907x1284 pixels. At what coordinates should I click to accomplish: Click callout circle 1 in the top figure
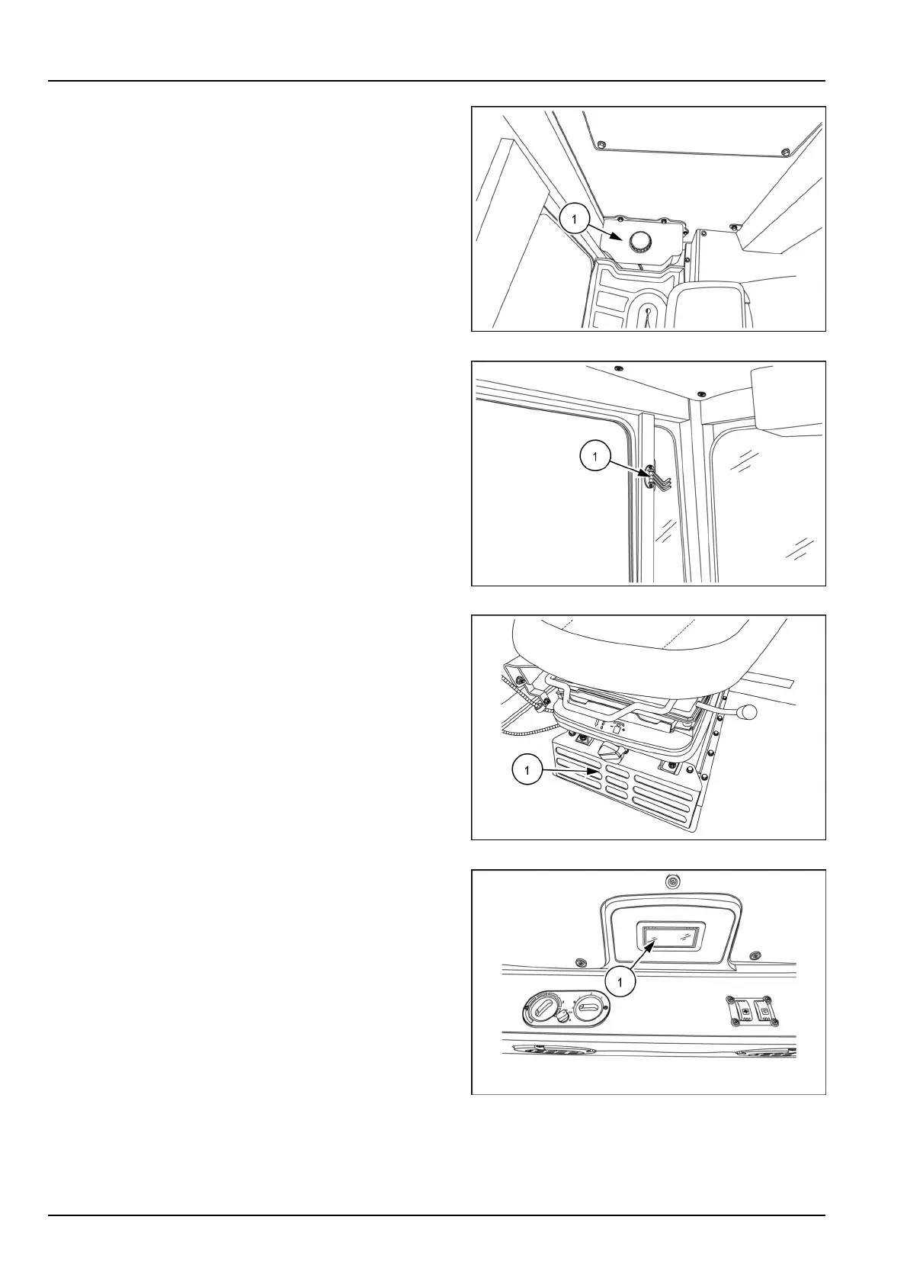point(575,220)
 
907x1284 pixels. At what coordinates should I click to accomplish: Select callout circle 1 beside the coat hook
point(595,457)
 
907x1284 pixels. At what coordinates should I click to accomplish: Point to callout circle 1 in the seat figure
point(527,771)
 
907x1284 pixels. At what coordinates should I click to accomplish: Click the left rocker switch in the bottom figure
point(738,1011)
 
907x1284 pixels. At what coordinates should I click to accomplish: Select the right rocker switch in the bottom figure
point(761,1011)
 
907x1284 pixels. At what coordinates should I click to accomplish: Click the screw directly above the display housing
point(670,882)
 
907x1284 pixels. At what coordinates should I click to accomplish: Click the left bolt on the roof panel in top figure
point(601,143)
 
